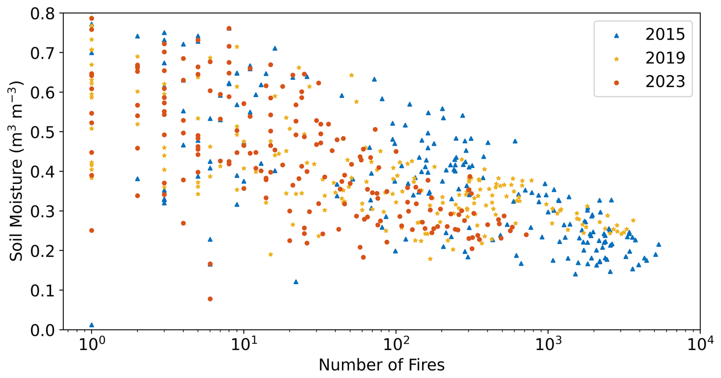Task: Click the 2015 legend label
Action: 665,35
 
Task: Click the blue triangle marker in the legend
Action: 617,35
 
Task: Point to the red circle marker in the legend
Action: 617,82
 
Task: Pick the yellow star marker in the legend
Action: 617,59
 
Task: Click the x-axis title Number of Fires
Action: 381,365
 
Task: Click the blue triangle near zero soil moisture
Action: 91,325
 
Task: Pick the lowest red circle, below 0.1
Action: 210,299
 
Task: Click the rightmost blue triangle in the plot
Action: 659,244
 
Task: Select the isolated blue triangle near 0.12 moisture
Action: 296,282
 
